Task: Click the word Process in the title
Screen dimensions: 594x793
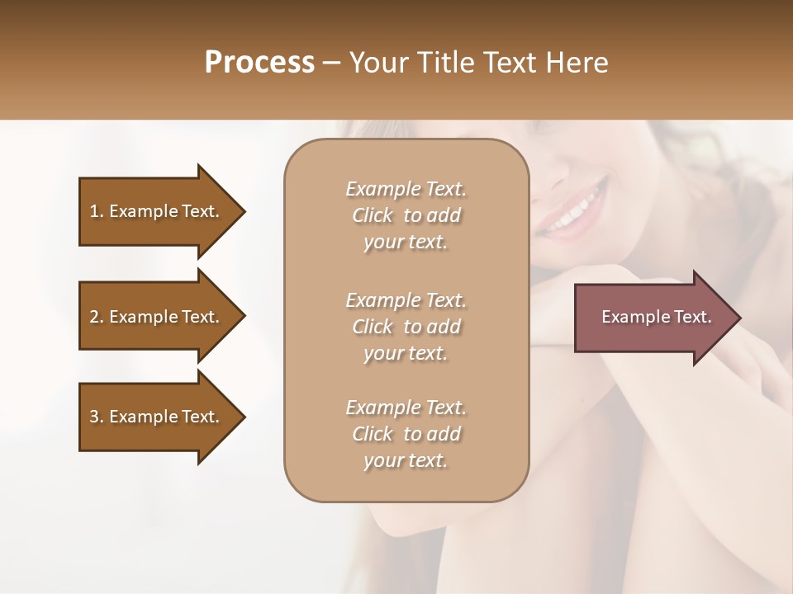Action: coord(259,63)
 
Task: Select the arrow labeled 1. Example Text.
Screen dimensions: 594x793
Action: coord(157,211)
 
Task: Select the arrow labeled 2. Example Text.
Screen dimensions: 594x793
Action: coord(157,317)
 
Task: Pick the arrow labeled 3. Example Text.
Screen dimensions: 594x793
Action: coord(157,417)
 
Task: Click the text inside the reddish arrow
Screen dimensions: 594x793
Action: coord(656,317)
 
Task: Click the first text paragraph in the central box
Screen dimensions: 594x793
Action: coord(406,215)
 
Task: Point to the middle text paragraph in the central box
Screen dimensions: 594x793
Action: coord(406,327)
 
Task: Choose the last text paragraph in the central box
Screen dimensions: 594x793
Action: coord(406,434)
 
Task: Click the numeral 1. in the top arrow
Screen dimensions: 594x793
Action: coord(97,211)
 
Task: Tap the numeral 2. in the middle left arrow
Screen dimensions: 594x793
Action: coord(97,317)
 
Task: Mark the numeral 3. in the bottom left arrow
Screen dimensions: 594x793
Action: coord(97,417)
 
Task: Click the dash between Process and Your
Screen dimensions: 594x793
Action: coord(332,64)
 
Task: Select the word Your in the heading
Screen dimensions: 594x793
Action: coord(381,63)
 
